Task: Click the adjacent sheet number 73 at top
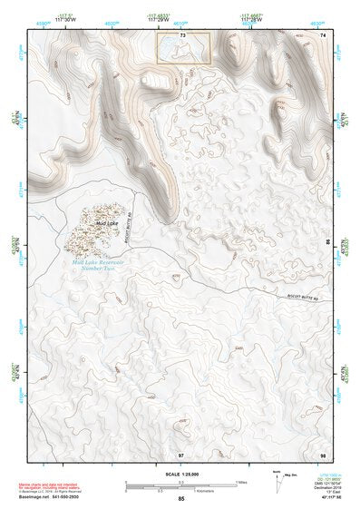coord(183,34)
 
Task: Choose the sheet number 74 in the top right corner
coord(322,34)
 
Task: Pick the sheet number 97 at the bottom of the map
coord(181,453)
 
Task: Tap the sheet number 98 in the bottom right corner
coord(322,453)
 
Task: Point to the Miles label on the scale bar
coord(241,482)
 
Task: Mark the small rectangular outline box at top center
coord(184,48)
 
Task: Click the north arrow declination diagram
coord(277,479)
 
